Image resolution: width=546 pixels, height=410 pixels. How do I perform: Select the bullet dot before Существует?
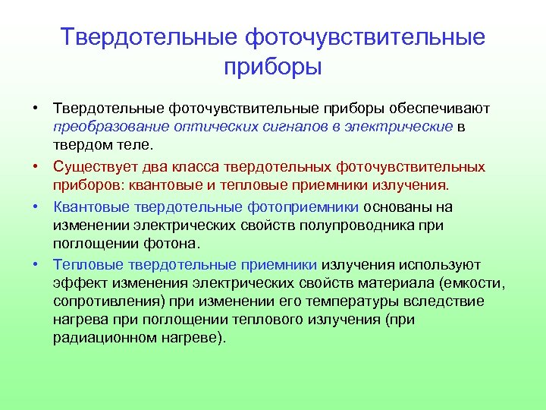[x=36, y=166]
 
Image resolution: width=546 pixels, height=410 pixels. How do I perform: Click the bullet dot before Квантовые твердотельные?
[x=36, y=207]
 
